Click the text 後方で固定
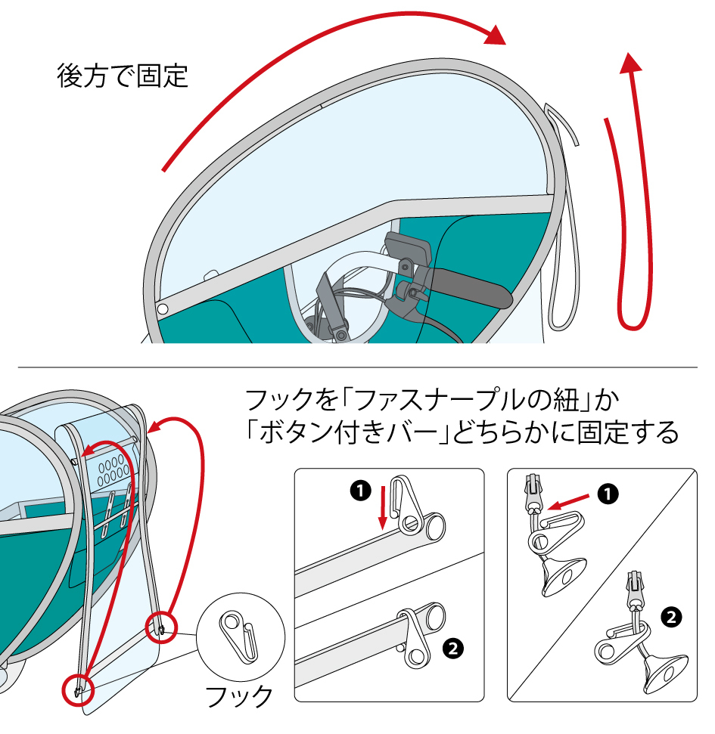coord(123,76)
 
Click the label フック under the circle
coord(240,695)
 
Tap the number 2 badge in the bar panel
coord(452,647)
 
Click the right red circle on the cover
coord(162,624)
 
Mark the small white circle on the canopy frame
coord(162,309)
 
